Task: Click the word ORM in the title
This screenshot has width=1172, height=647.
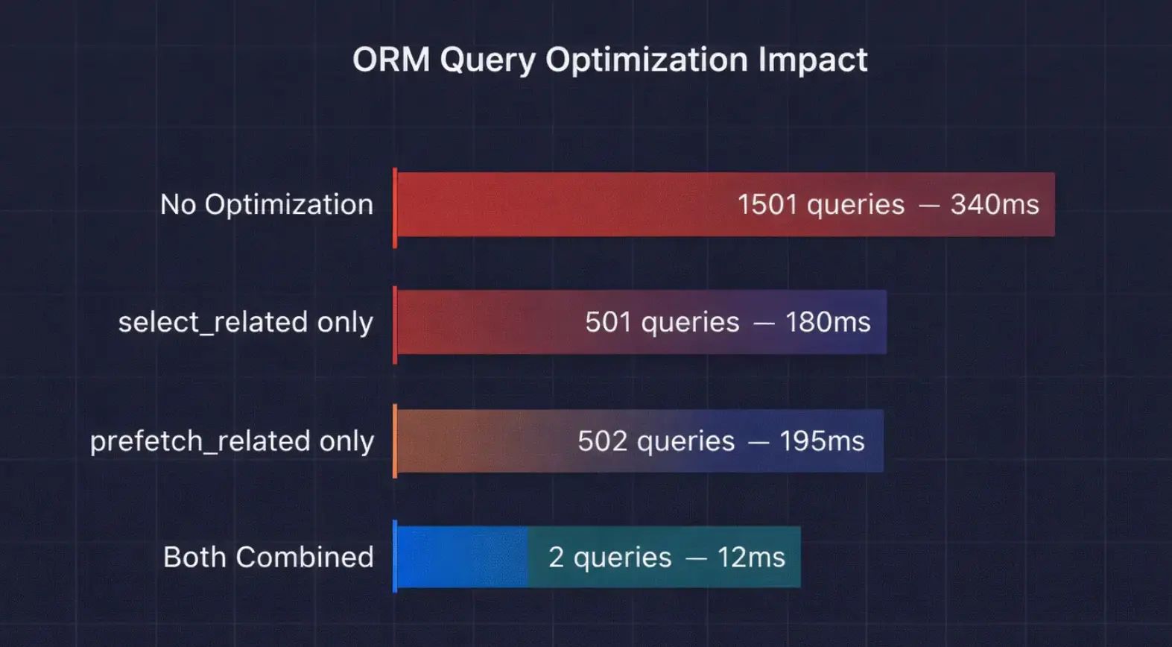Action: coord(390,60)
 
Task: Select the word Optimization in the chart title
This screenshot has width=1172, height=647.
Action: coord(646,60)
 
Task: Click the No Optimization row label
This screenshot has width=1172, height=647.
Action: coord(267,204)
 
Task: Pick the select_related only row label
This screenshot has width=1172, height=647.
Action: coord(245,322)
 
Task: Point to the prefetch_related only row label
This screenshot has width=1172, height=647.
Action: coord(232,441)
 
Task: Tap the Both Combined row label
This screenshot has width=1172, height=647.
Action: coord(268,557)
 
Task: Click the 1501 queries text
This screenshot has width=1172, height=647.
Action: coord(820,204)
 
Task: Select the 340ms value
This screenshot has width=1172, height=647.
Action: coord(994,204)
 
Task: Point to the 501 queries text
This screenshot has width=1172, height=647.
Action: coord(662,322)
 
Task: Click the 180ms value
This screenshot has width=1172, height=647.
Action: coord(828,322)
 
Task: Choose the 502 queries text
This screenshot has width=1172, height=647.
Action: coord(656,441)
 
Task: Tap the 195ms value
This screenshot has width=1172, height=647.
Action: coord(822,441)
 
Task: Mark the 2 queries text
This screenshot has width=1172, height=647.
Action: coord(609,557)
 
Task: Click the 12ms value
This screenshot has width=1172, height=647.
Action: coord(751,557)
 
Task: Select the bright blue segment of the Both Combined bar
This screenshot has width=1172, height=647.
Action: coord(462,557)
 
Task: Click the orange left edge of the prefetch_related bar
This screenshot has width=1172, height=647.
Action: coord(395,441)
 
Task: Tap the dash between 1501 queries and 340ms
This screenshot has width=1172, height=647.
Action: coord(928,205)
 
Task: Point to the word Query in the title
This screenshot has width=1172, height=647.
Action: coord(487,60)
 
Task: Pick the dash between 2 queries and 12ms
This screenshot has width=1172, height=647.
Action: coord(695,558)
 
